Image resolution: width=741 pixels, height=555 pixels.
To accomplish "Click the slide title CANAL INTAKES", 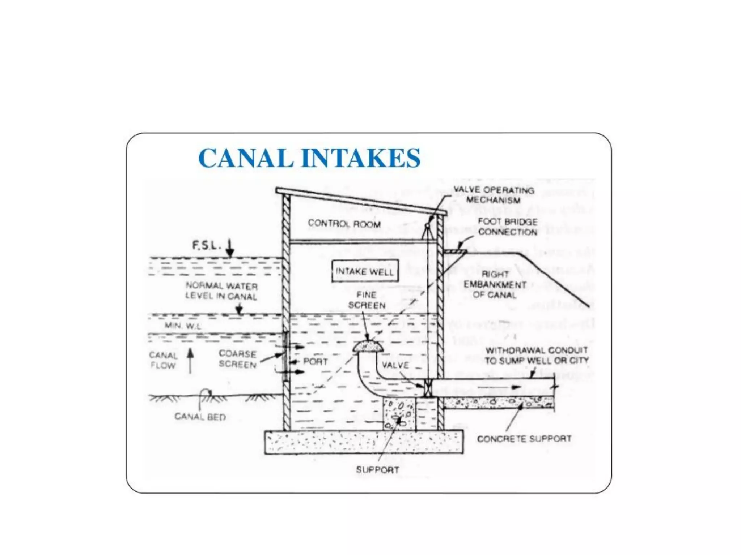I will click(x=309, y=158).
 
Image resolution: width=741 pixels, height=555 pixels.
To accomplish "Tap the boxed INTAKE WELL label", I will click(x=365, y=271).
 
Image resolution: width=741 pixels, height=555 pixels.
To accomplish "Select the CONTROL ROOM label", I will click(x=344, y=224).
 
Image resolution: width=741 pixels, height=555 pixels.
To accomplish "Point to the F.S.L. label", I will click(x=206, y=245).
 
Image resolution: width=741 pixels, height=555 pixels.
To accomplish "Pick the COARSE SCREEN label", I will click(x=238, y=359).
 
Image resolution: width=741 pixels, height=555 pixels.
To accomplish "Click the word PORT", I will click(x=316, y=361).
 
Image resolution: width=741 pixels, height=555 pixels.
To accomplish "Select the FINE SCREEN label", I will click(x=367, y=300).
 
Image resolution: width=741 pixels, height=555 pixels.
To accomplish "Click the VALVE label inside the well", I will click(x=395, y=365).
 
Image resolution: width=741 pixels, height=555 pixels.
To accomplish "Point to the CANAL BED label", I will click(x=200, y=417).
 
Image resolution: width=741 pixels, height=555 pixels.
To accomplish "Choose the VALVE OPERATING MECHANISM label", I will click(x=494, y=195).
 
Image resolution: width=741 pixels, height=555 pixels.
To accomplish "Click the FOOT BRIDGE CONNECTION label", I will click(x=507, y=227).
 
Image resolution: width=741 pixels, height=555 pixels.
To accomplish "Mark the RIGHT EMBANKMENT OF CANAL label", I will click(x=495, y=285).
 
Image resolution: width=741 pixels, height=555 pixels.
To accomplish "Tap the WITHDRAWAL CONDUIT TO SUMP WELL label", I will click(x=537, y=355).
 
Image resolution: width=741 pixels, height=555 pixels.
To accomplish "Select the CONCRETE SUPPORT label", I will click(x=524, y=439).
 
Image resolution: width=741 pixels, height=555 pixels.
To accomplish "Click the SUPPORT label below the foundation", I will click(x=377, y=470).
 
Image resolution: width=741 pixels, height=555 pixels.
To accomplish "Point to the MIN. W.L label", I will click(x=183, y=326).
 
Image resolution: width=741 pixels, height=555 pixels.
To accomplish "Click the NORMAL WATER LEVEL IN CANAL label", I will click(x=221, y=291).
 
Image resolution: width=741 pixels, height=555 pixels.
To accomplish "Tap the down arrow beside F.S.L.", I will click(x=229, y=248).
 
